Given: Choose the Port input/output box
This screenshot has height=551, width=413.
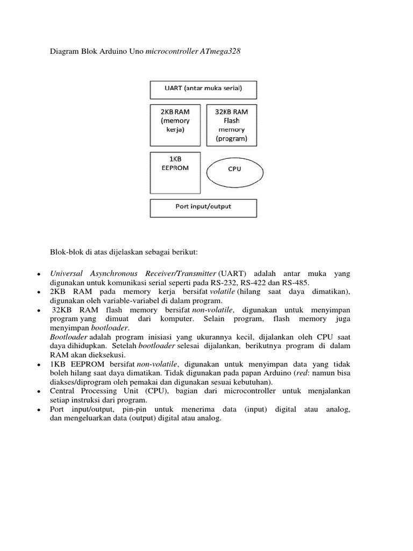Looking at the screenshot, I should (203, 206).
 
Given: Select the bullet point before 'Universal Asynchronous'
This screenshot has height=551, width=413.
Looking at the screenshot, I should (38, 274).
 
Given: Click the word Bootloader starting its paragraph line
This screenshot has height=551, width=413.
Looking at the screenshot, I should (67, 335).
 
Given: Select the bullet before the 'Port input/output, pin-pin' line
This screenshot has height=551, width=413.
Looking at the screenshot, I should (38, 409).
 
